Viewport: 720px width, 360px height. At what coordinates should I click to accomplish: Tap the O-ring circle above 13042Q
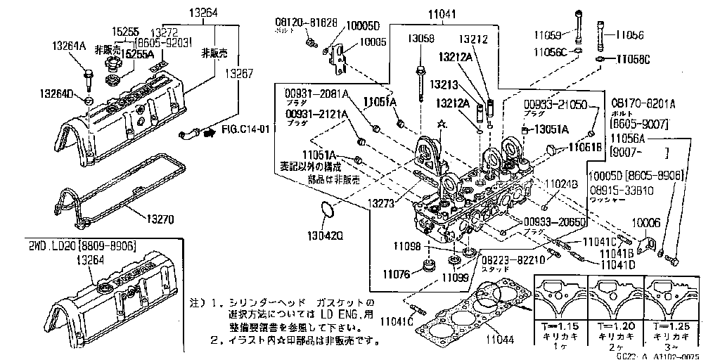[327, 210]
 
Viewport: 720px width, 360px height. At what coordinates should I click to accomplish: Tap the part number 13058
[422, 39]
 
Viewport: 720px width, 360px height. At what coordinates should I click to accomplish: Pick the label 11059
[548, 33]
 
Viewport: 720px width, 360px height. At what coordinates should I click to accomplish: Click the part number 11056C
[550, 52]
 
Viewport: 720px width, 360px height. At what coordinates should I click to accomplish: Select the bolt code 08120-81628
[305, 22]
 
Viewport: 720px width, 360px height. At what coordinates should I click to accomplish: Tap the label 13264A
[69, 46]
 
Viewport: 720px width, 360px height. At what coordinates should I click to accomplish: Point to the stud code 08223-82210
[514, 259]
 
